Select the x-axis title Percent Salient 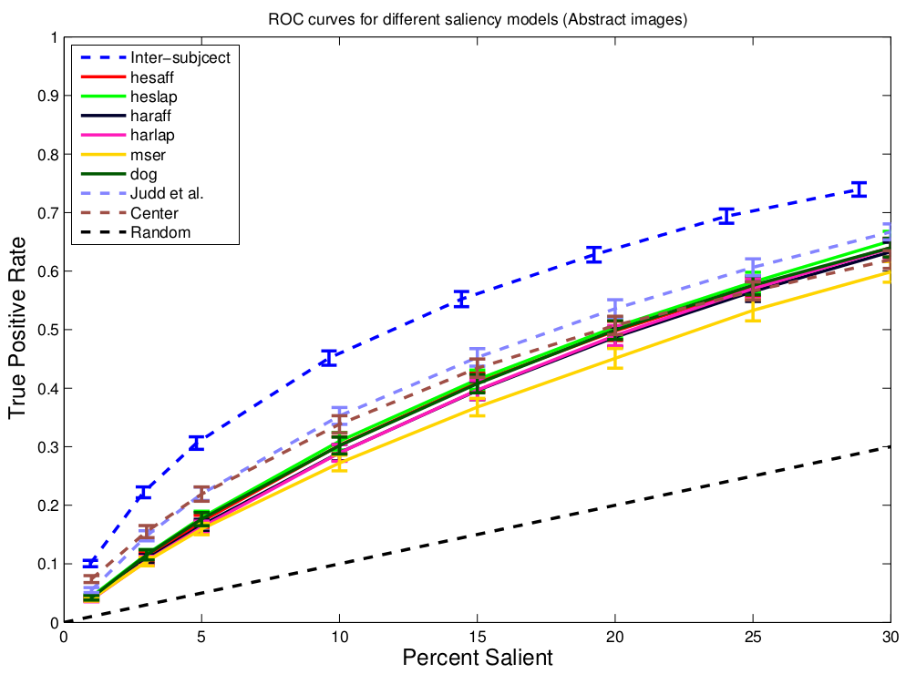pyautogui.click(x=477, y=656)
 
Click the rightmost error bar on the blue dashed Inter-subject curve pyautogui.click(x=858, y=189)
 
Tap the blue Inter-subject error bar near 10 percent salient pyautogui.click(x=329, y=358)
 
